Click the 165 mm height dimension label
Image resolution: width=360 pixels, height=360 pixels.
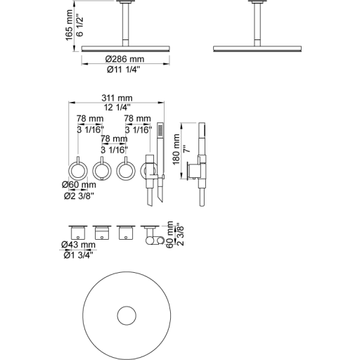click(70, 25)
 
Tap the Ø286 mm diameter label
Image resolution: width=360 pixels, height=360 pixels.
click(124, 59)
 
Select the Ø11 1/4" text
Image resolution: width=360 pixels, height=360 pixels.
click(124, 70)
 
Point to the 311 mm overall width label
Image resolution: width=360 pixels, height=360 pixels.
click(117, 98)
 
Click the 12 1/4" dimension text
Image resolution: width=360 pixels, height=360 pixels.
click(117, 108)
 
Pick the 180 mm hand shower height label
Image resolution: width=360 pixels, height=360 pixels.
click(176, 149)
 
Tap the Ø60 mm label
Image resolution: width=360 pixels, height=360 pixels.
click(79, 185)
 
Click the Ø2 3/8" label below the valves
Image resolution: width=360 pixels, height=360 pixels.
click(79, 195)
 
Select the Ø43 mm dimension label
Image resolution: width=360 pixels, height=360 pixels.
click(79, 245)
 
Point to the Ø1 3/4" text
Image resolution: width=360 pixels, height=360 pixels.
click(79, 255)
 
